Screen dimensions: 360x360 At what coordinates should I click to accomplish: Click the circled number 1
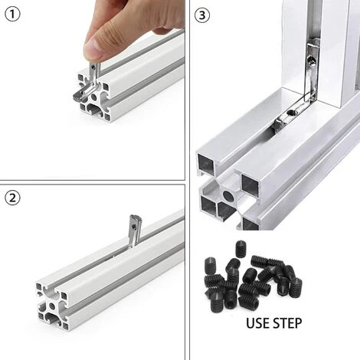pyautogui.click(x=12, y=15)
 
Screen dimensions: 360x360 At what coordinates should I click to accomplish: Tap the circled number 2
pyautogui.click(x=12, y=198)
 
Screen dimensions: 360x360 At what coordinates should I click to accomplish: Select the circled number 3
pyautogui.click(x=202, y=15)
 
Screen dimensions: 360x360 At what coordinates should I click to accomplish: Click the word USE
pyautogui.click(x=258, y=323)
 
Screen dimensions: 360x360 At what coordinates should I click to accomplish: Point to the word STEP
pyautogui.click(x=287, y=323)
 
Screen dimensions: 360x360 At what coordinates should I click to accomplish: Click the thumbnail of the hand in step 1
pyautogui.click(x=94, y=48)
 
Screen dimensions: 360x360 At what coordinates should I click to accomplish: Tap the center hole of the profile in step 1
pyautogui.click(x=93, y=97)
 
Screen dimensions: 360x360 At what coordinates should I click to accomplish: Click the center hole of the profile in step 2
pyautogui.click(x=52, y=306)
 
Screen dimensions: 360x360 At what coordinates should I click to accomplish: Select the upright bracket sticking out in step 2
pyautogui.click(x=134, y=230)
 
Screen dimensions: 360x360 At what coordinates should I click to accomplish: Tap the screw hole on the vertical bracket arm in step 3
pyautogui.click(x=311, y=61)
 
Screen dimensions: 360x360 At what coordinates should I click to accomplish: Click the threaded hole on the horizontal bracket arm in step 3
pyautogui.click(x=290, y=112)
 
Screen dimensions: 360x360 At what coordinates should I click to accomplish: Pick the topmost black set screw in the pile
pyautogui.click(x=240, y=248)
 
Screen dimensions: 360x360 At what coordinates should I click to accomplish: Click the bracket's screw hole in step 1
pyautogui.click(x=93, y=67)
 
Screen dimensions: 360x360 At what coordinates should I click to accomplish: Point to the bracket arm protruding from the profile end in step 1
pyautogui.click(x=83, y=93)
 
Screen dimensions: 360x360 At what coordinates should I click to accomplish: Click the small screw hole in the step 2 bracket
pyautogui.click(x=133, y=226)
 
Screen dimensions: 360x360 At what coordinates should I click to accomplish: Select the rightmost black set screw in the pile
pyautogui.click(x=296, y=288)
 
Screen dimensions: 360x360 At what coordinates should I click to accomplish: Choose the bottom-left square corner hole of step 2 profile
pyautogui.click(x=41, y=316)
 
